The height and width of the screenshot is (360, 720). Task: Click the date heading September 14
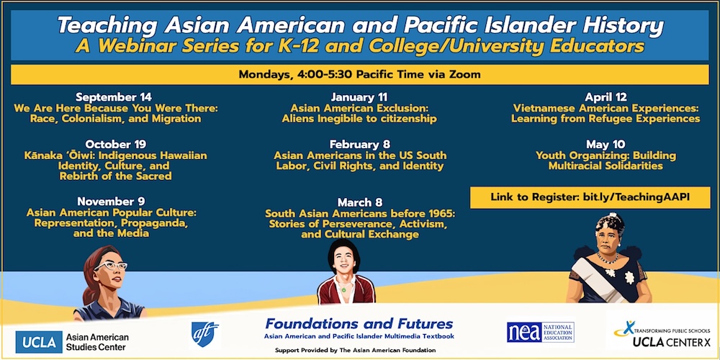(114, 97)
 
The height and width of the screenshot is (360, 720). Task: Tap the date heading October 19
(115, 144)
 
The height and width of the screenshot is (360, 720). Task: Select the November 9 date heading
(111, 201)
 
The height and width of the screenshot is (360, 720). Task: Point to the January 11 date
(359, 97)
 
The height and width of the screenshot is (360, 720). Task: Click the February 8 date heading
(359, 145)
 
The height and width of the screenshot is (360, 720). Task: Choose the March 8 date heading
(359, 202)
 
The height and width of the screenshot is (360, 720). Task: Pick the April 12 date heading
(606, 97)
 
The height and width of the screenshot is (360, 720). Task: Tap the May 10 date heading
(606, 145)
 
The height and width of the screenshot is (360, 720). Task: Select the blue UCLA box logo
(39, 342)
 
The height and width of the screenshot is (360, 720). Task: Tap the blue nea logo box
(524, 332)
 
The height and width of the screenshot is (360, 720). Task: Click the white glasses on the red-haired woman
(111, 266)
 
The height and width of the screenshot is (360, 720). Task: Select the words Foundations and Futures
(359, 324)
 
